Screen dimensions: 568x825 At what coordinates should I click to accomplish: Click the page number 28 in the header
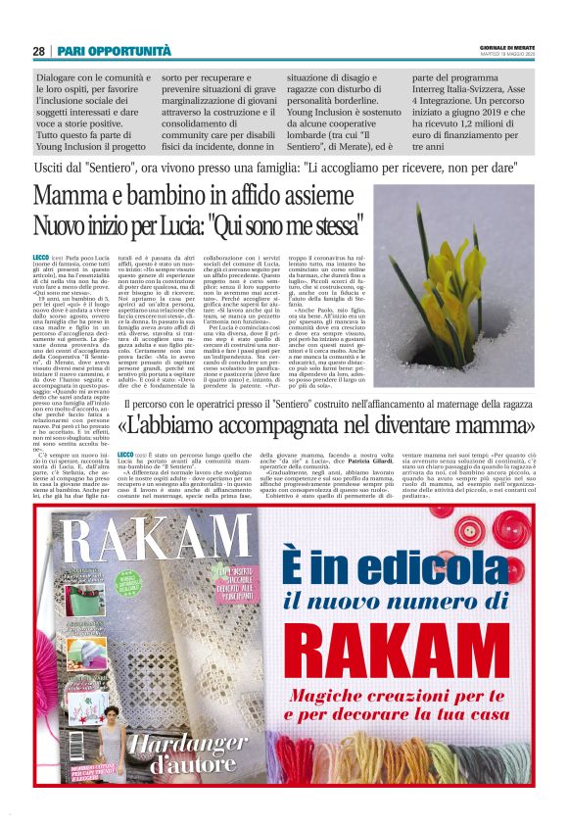[x=38, y=51]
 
